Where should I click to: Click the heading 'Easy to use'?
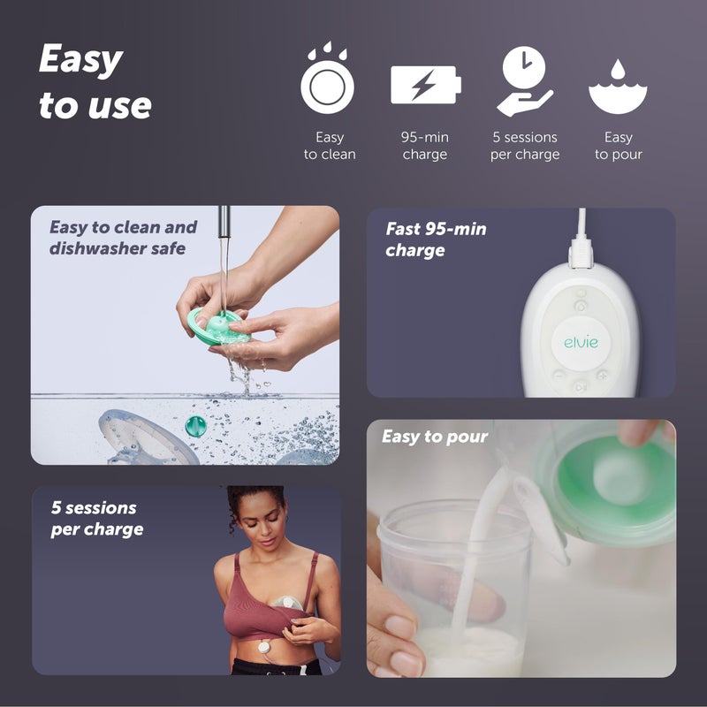[95, 83]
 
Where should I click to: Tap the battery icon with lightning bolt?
[425, 85]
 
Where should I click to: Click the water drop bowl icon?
[618, 86]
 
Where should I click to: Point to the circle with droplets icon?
[327, 81]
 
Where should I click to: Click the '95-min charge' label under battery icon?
[425, 146]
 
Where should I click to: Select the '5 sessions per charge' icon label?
[525, 146]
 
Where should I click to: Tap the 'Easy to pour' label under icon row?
[618, 146]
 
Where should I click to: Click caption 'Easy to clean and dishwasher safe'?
[122, 238]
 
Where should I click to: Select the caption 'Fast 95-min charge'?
[435, 239]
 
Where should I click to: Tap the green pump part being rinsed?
[216, 328]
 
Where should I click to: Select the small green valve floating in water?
[195, 426]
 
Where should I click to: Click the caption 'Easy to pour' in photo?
[434, 437]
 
